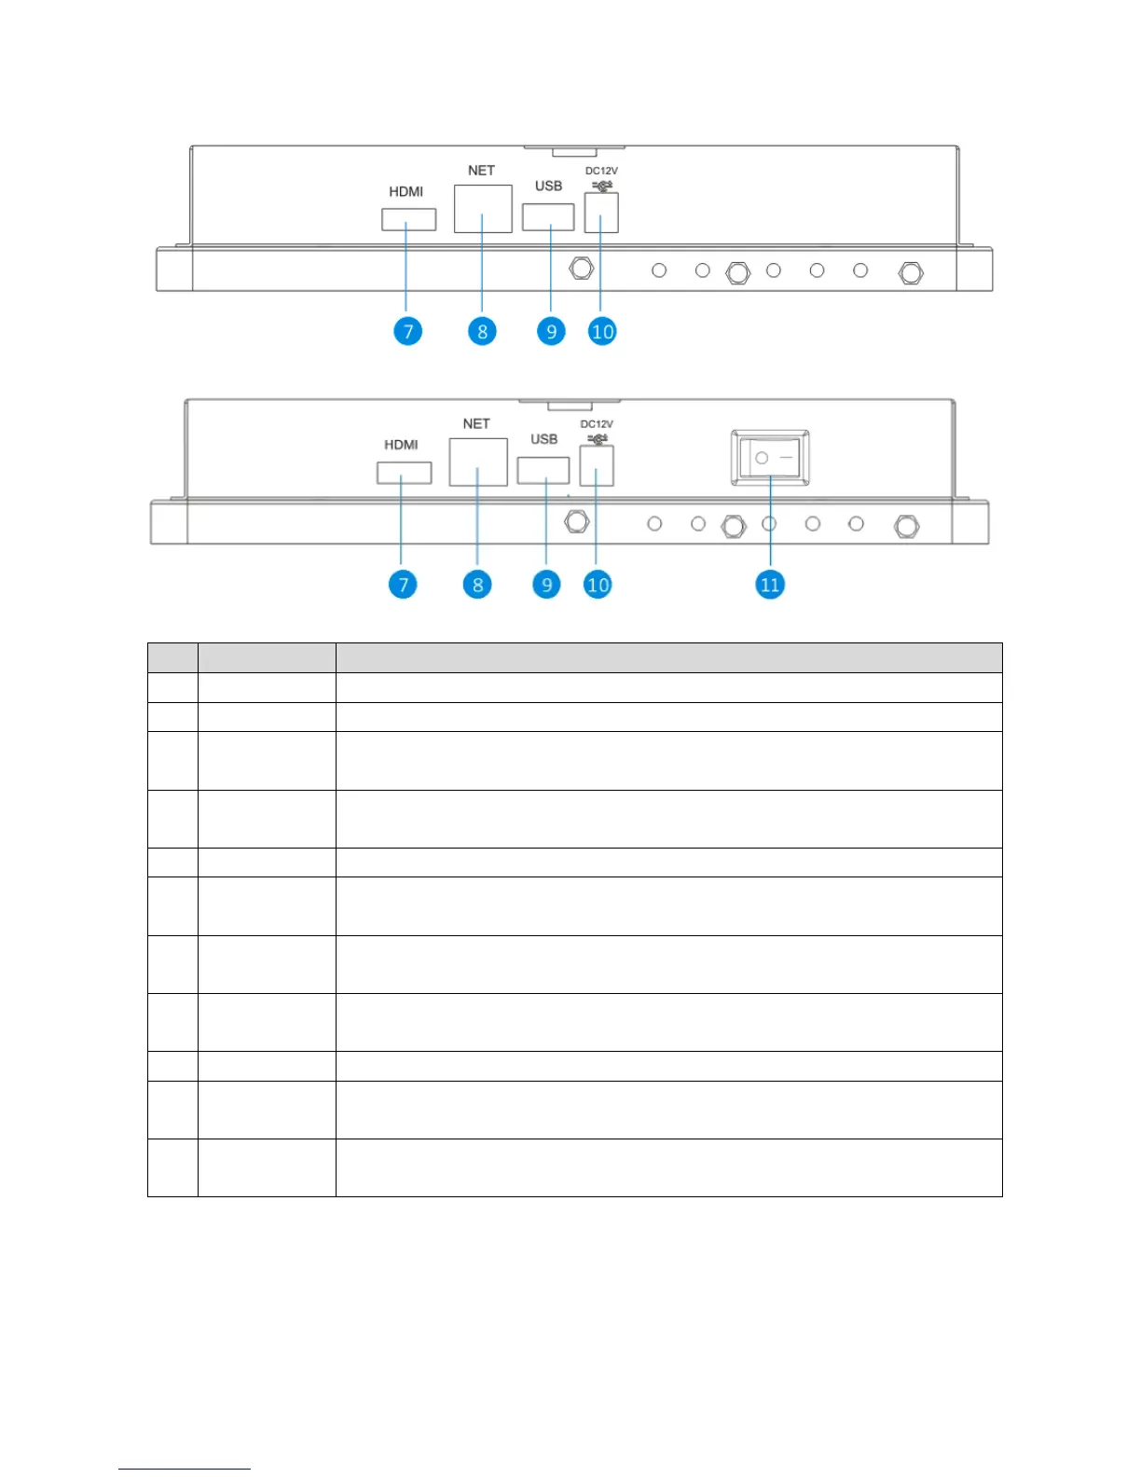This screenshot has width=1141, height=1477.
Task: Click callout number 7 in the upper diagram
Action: click(407, 331)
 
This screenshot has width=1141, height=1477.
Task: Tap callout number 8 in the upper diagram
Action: click(482, 331)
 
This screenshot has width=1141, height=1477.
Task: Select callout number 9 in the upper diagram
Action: click(551, 331)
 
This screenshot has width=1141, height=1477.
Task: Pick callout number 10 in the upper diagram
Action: click(602, 331)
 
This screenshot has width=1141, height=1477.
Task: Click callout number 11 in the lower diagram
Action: click(770, 585)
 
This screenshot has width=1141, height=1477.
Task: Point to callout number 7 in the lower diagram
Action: click(403, 585)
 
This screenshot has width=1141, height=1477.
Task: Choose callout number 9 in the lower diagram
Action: click(546, 585)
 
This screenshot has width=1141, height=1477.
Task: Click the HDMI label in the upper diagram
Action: click(406, 192)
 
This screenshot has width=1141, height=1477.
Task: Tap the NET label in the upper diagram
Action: click(481, 171)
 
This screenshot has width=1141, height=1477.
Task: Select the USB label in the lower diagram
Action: click(544, 439)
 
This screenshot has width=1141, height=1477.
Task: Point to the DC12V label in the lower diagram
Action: click(597, 424)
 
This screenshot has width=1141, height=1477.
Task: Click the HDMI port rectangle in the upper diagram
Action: click(408, 219)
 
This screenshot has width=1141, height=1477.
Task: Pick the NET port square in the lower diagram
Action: click(478, 462)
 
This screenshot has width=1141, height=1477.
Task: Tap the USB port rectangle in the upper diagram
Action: click(548, 216)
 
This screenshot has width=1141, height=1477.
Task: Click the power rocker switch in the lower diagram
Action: click(770, 458)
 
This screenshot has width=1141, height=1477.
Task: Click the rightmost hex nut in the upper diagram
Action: click(911, 272)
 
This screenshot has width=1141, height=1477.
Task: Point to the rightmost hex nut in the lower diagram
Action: click(906, 526)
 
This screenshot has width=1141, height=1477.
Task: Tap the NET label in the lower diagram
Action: click(476, 424)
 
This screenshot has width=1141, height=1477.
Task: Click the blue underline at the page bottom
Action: click(185, 1469)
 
